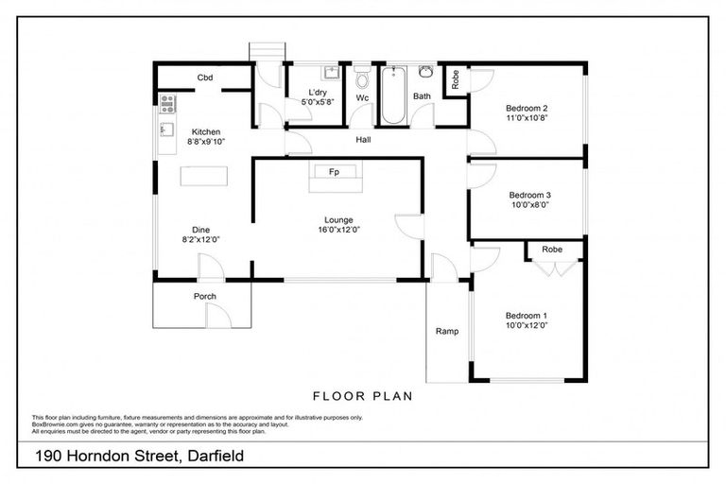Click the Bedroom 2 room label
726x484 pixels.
(527, 108)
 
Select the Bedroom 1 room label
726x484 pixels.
(527, 315)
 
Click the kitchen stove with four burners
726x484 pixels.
(167, 103)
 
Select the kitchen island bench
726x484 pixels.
(204, 176)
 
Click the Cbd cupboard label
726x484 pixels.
(204, 78)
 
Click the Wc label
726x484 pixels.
(362, 97)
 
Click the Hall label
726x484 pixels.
(363, 140)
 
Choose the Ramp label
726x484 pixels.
(446, 331)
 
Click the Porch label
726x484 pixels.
(205, 296)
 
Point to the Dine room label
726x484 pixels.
(201, 229)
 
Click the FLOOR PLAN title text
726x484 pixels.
(362, 396)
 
